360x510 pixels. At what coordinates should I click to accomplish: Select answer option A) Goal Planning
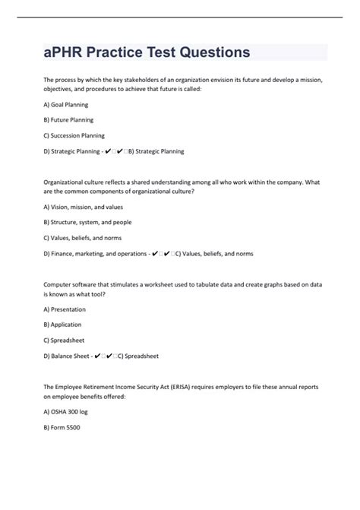[x=66, y=104]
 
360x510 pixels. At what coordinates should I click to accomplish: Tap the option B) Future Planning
[x=68, y=120]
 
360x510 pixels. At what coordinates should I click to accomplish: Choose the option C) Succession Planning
[x=74, y=135]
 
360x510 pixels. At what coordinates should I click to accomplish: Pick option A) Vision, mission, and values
[x=84, y=207]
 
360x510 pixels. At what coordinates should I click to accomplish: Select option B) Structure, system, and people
[x=87, y=223]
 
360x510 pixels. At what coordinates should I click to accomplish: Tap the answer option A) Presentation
[x=65, y=309]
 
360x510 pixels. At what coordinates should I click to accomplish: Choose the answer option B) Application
[x=63, y=325]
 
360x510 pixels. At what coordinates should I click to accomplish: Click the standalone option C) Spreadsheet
[x=63, y=341]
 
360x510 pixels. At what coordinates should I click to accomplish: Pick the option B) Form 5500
[x=62, y=427]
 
